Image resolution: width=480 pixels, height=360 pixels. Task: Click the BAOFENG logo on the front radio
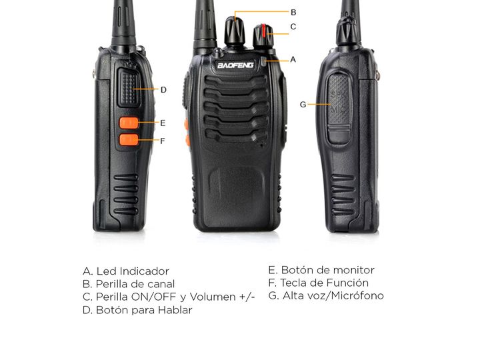(235, 65)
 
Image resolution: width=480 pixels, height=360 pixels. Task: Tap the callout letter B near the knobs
(293, 12)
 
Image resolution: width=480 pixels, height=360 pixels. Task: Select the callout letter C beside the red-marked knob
(293, 27)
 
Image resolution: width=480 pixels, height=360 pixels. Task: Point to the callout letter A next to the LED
(293, 59)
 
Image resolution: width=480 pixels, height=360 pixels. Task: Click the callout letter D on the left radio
(163, 90)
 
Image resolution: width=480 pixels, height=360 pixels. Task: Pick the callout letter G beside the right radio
(303, 105)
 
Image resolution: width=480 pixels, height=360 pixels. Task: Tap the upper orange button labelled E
(129, 123)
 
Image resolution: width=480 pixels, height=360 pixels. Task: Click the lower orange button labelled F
(129, 139)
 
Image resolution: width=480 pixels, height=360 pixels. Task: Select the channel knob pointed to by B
(235, 31)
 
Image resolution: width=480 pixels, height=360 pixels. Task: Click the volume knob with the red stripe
(263, 36)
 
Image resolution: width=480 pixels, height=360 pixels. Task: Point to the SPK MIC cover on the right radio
(339, 109)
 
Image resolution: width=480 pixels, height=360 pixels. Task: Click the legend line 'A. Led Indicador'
(126, 271)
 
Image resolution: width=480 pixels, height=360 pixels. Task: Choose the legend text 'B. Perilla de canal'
(129, 284)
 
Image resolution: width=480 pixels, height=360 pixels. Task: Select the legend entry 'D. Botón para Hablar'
(137, 310)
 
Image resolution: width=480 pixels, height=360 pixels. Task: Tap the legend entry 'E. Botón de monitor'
(321, 270)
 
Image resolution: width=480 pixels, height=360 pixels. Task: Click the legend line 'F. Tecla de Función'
(319, 283)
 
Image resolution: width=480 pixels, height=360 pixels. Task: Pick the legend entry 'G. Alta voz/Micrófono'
(326, 295)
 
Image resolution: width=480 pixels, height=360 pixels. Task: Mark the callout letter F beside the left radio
(163, 141)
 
